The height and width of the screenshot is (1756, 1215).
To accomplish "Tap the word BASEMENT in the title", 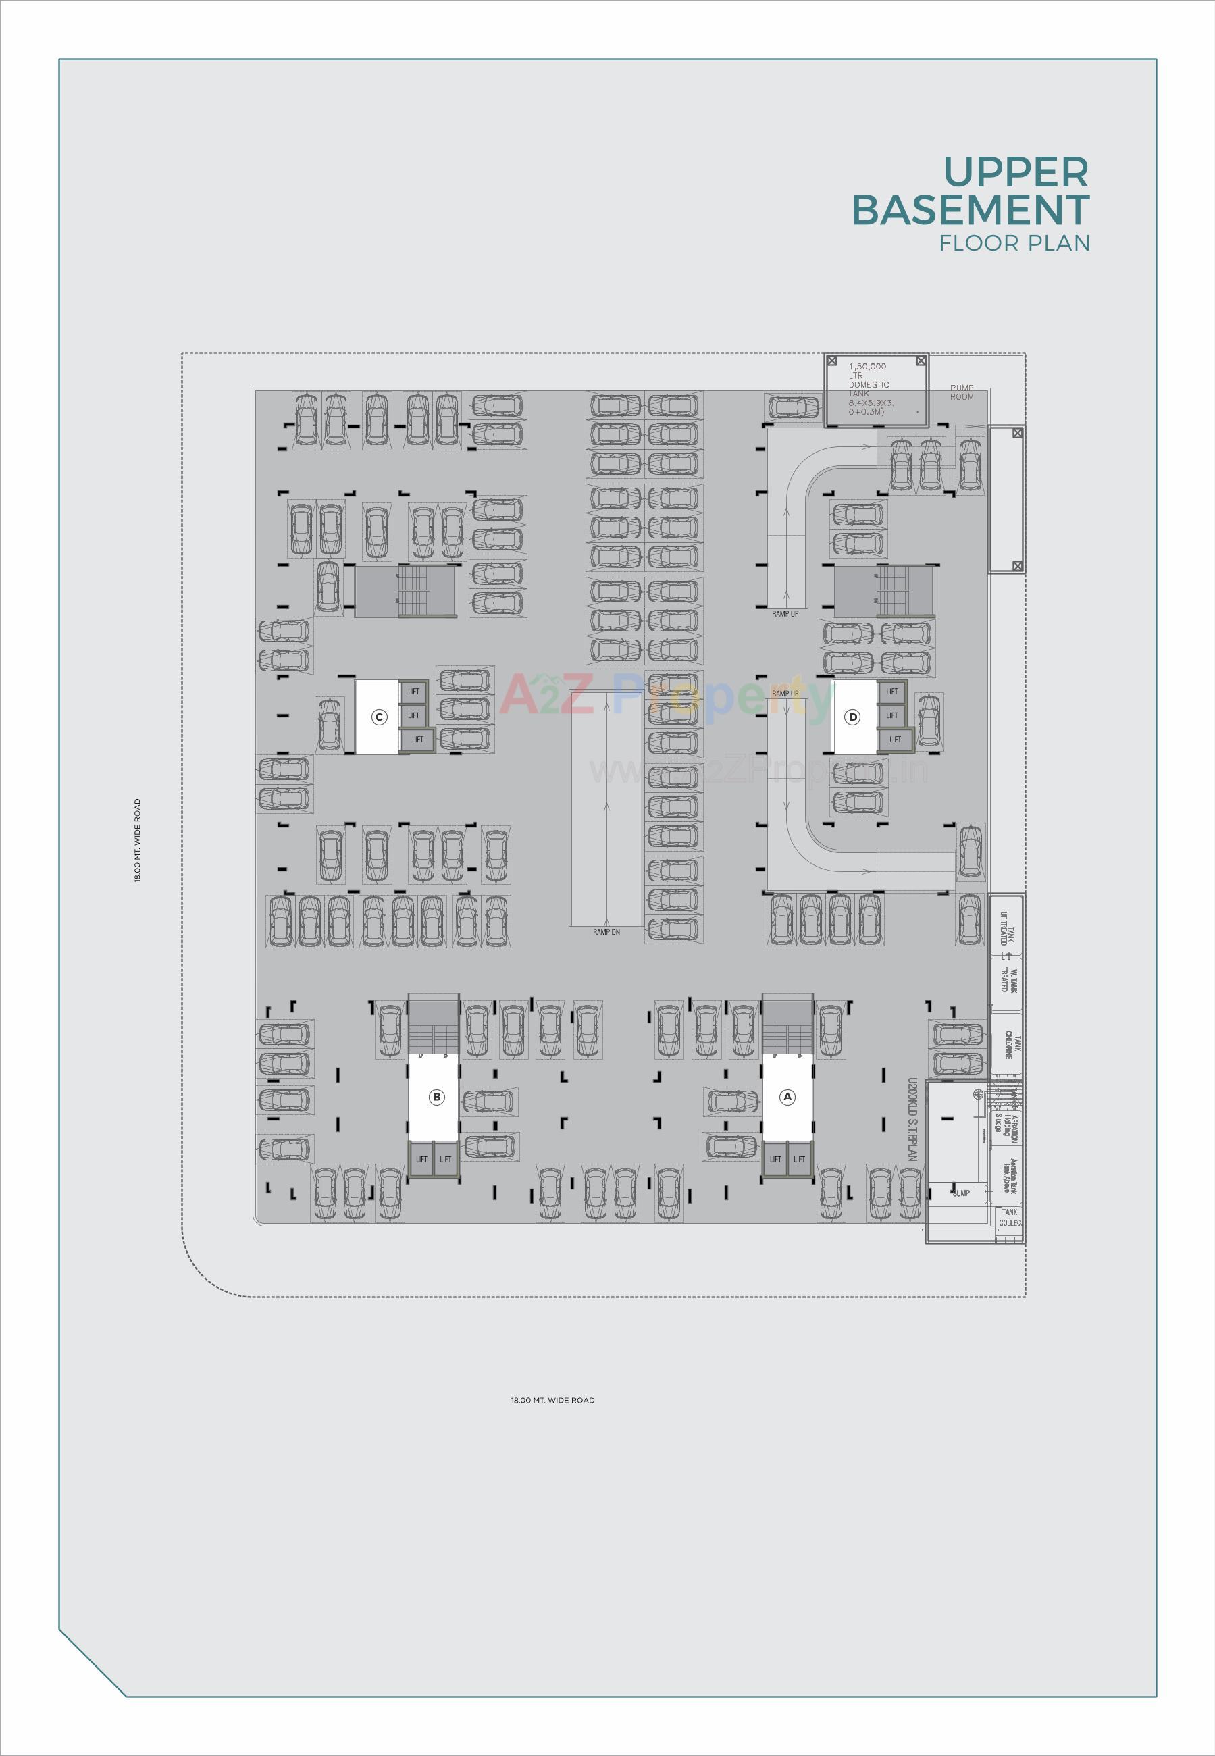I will (971, 210).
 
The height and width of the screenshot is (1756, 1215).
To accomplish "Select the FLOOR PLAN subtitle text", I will (1014, 244).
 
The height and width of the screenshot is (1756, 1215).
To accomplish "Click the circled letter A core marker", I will (788, 1097).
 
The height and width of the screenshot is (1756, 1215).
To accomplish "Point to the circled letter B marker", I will (436, 1097).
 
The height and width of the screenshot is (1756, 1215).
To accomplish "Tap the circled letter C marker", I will (379, 717).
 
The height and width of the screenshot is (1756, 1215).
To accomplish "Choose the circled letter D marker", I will (852, 717).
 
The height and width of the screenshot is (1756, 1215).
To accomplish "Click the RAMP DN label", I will (606, 931).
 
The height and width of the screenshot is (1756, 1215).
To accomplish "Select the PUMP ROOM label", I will (962, 392).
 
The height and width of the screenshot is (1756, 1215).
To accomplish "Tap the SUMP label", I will (961, 1193).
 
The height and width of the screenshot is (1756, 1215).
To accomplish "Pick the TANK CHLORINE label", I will (1008, 1045).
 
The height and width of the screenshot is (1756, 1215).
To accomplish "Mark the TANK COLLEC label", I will (1010, 1217).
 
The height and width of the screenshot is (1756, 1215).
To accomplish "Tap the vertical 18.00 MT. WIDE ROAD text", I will (138, 840).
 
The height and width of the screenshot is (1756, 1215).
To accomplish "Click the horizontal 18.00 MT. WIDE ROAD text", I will (552, 1400).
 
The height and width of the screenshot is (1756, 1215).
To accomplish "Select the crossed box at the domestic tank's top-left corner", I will (832, 360).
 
